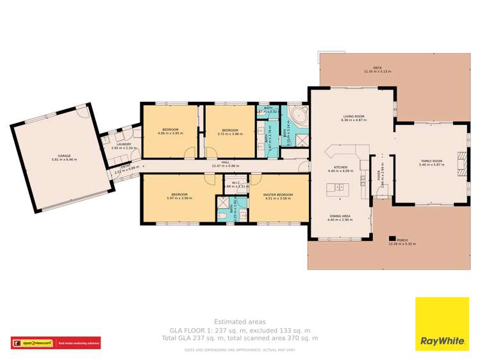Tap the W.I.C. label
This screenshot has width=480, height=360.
click(231, 182)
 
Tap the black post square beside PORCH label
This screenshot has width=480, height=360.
click(391, 240)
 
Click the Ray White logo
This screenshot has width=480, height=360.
click(442, 324)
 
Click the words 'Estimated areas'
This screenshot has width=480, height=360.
click(239, 322)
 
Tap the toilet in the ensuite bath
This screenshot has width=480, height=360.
click(221, 218)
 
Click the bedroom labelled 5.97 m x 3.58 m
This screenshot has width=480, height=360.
click(179, 196)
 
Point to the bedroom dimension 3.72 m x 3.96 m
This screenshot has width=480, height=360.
click(229, 134)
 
